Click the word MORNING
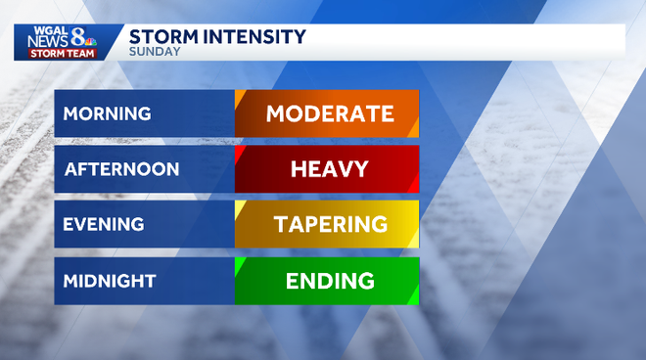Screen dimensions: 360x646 [x=108, y=113]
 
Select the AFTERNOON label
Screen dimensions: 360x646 [x=121, y=169]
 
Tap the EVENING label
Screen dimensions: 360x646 [x=103, y=225]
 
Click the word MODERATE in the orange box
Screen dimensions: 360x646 [x=330, y=113]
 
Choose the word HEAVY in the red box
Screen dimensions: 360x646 [x=330, y=169]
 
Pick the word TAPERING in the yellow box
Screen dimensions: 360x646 [x=330, y=225]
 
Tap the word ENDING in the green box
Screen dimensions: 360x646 [x=330, y=281]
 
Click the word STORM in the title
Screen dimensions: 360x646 [x=161, y=37]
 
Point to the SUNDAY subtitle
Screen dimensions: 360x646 [x=155, y=52]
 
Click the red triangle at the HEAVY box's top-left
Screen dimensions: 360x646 [x=239, y=151]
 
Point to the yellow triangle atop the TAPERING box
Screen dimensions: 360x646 [x=239, y=206]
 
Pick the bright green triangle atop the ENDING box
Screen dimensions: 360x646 [x=239, y=262]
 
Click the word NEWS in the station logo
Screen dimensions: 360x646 [x=48, y=41]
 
